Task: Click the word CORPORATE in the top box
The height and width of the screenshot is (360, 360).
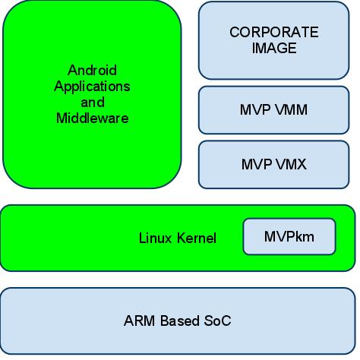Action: (274, 32)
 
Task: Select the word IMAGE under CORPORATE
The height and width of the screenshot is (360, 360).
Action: (274, 48)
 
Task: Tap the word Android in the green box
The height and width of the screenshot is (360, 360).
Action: (92, 70)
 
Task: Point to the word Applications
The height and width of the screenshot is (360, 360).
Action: (92, 87)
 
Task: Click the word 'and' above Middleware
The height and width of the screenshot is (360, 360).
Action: (93, 103)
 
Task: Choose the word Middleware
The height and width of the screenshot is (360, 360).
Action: (93, 118)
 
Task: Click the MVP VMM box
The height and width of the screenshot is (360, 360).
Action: (273, 110)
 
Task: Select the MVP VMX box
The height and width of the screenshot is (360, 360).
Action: (273, 164)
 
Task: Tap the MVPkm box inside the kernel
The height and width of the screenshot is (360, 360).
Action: (289, 236)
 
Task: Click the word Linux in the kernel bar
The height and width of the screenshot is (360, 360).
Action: (155, 238)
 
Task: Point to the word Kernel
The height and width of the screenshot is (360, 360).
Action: (197, 238)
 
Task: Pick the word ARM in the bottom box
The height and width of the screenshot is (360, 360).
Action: (139, 321)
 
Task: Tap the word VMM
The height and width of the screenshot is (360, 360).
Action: (291, 109)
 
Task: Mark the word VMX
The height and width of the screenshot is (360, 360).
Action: (291, 164)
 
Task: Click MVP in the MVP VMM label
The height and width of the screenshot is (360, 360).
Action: (255, 109)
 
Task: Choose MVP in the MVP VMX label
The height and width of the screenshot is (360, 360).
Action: (257, 164)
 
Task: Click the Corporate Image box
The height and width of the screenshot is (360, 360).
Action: (273, 40)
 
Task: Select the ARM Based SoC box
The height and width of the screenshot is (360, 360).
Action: (178, 321)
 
